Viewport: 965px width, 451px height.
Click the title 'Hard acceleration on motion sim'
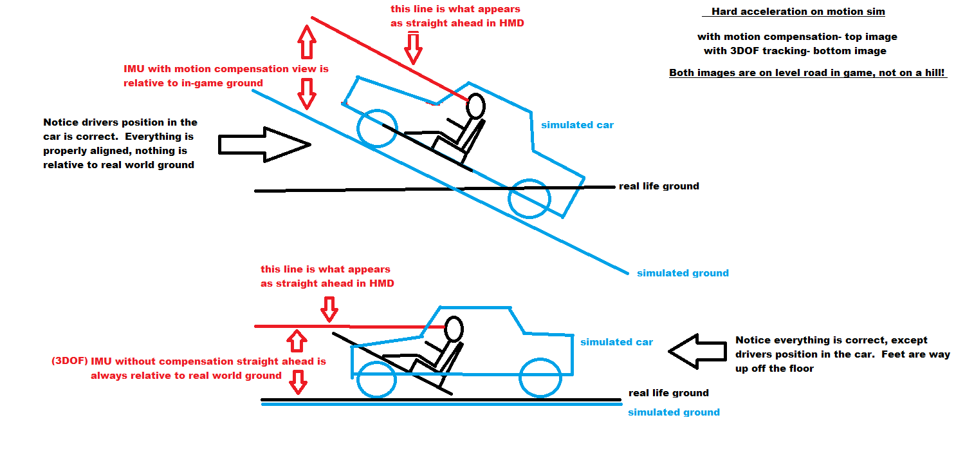798,12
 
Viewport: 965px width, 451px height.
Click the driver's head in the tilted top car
475,106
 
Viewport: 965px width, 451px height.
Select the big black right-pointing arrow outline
264,144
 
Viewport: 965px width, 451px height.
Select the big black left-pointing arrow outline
699,352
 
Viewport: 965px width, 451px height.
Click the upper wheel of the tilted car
376,128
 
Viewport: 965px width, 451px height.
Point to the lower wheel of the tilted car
529,199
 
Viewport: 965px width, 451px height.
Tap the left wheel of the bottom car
376,379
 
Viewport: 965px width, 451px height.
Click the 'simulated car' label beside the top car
577,125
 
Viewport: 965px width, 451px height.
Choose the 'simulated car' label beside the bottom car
616,342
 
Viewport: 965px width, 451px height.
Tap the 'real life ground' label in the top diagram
659,186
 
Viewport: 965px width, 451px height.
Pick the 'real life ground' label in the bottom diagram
668,393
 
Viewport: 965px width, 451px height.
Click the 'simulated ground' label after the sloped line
683,273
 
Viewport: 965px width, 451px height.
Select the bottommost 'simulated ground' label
674,412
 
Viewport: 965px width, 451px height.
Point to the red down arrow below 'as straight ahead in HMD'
329,308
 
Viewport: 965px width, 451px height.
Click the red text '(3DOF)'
69,361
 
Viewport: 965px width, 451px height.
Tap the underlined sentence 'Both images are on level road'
808,73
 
